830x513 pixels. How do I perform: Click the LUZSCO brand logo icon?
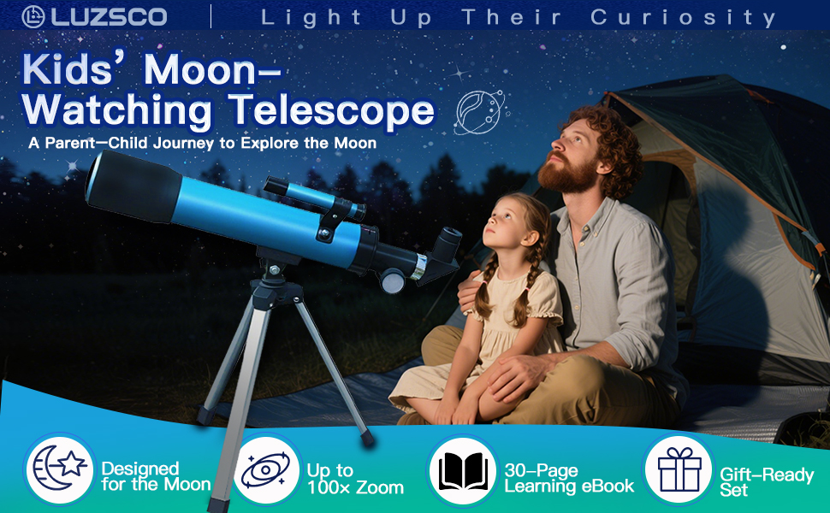pos(33,15)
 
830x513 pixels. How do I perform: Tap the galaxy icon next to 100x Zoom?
pos(267,469)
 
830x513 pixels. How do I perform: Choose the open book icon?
pos(463,469)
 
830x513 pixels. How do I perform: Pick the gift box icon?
pos(679,469)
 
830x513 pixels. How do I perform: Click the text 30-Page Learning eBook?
pos(569,478)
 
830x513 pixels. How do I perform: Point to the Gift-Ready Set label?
pos(766,481)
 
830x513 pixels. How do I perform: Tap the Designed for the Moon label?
pos(155,476)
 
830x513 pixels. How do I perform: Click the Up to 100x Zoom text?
pos(354,479)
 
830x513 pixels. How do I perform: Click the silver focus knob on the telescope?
pos(394,280)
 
